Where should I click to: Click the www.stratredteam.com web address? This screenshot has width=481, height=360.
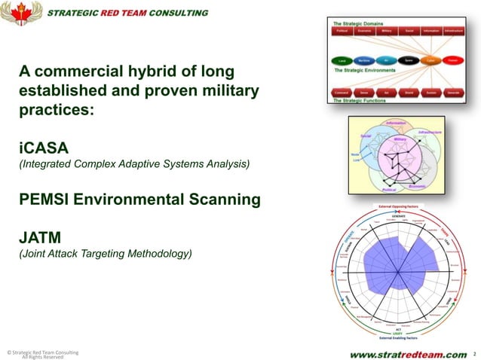pos(408,353)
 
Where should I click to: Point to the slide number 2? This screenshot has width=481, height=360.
pos(474,353)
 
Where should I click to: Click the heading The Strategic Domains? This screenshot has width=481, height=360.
pos(359,23)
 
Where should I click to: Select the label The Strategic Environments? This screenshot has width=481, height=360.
pos(366,69)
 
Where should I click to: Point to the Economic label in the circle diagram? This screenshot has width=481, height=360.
pos(419,185)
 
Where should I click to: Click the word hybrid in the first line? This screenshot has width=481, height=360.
pos(161,72)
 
